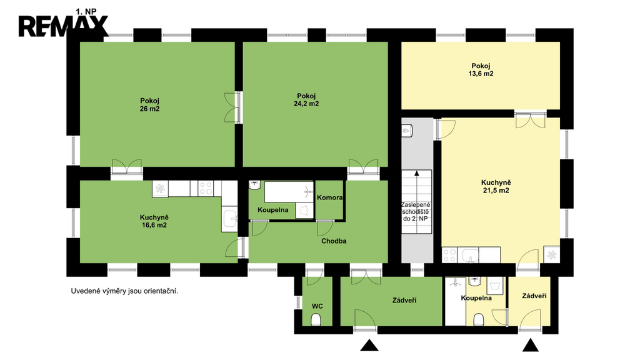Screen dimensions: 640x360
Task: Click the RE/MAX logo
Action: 63,26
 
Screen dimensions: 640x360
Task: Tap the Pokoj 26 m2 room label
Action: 150,105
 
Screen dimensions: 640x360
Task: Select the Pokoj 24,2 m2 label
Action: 306,100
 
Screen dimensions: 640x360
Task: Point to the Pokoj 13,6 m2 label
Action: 481,70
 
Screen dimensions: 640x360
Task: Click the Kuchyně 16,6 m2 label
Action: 154,221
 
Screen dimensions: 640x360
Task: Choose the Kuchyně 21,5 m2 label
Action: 496,186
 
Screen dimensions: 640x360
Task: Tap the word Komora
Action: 330,197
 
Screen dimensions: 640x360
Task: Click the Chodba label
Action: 334,241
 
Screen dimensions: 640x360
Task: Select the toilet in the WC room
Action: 316,319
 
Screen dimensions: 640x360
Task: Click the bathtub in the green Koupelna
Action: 289,192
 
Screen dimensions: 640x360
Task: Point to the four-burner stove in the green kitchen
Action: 205,189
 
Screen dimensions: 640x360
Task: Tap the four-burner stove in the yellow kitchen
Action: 449,255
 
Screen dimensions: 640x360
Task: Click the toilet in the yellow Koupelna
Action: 479,319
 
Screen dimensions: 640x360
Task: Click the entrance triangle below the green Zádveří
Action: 369,345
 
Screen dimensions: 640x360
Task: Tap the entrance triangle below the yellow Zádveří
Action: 531,345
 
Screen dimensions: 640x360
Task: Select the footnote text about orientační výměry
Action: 124,291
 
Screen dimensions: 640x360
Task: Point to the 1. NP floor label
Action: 86,12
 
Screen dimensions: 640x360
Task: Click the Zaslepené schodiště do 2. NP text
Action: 416,211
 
